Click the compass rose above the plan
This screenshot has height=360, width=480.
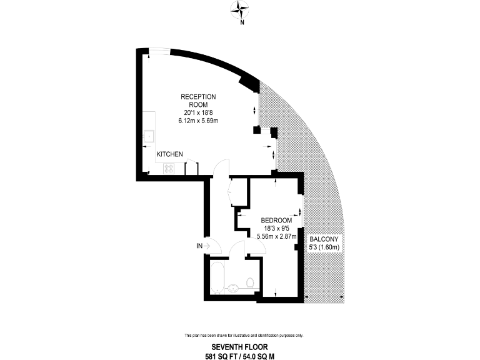(240, 8)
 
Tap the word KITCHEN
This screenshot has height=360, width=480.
(169, 154)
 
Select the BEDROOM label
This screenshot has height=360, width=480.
(276, 221)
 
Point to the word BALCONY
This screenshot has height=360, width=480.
(324, 239)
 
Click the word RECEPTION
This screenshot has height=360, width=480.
(198, 96)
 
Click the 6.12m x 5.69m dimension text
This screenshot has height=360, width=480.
(198, 121)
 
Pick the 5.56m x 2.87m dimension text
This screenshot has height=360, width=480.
(276, 236)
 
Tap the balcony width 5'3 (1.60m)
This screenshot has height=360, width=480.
(324, 247)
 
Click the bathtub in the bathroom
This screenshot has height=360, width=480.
(217, 277)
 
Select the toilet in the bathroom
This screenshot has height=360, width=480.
(249, 284)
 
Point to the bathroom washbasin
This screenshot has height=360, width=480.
(233, 288)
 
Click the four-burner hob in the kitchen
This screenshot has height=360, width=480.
(169, 168)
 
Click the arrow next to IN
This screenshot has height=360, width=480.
(207, 246)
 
